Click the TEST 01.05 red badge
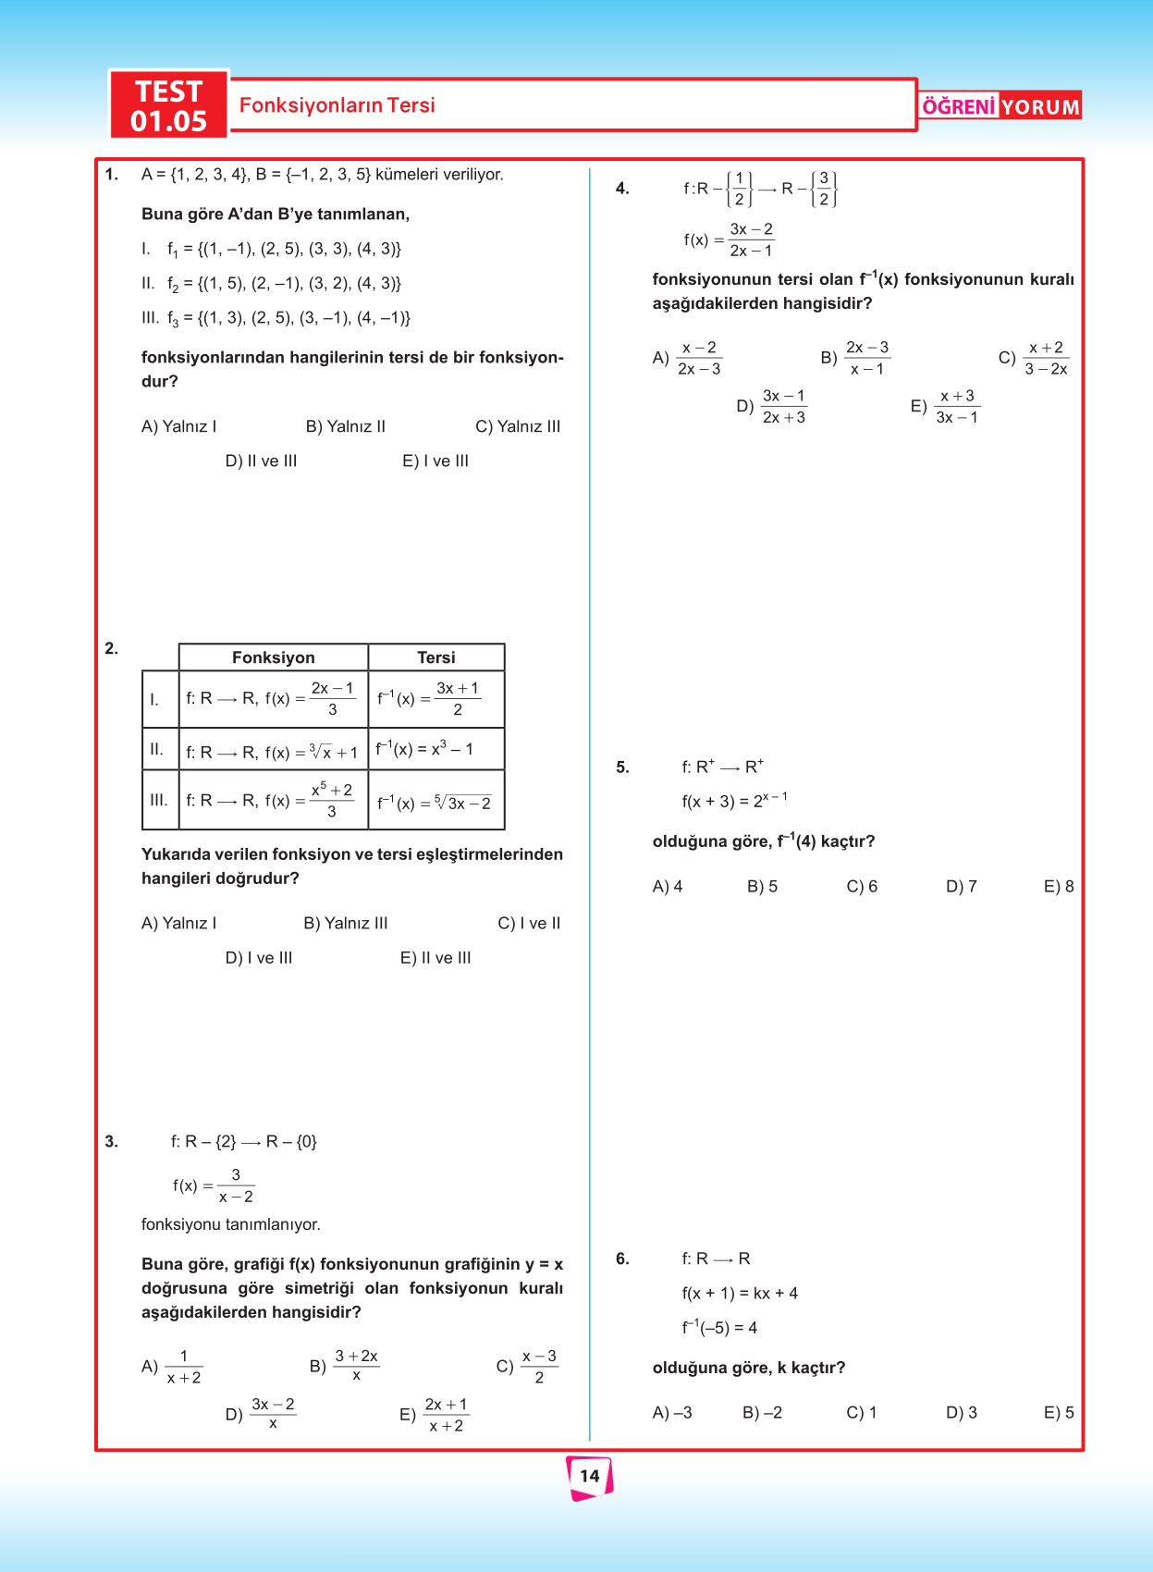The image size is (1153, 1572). tap(169, 105)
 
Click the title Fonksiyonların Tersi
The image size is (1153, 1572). tap(337, 105)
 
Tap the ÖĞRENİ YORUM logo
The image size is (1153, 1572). tap(1000, 106)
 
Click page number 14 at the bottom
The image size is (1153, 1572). tap(590, 1476)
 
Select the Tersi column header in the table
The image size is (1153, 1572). tap(435, 657)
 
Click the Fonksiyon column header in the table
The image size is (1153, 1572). tap(273, 657)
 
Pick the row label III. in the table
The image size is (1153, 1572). tap(159, 800)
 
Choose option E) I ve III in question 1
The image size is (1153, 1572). tap(435, 461)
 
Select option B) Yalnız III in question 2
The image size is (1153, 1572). tap(346, 923)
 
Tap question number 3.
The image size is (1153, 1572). tap(112, 1141)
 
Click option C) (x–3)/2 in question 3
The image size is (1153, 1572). tap(527, 1366)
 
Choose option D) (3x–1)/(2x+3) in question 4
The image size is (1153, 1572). tap(771, 407)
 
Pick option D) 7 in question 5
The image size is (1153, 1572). tap(962, 886)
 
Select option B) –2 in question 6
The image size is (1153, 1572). tap(763, 1412)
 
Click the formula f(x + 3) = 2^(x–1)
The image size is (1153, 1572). tap(734, 801)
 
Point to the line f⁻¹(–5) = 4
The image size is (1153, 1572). tap(719, 1328)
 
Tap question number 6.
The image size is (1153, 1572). tap(622, 1259)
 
